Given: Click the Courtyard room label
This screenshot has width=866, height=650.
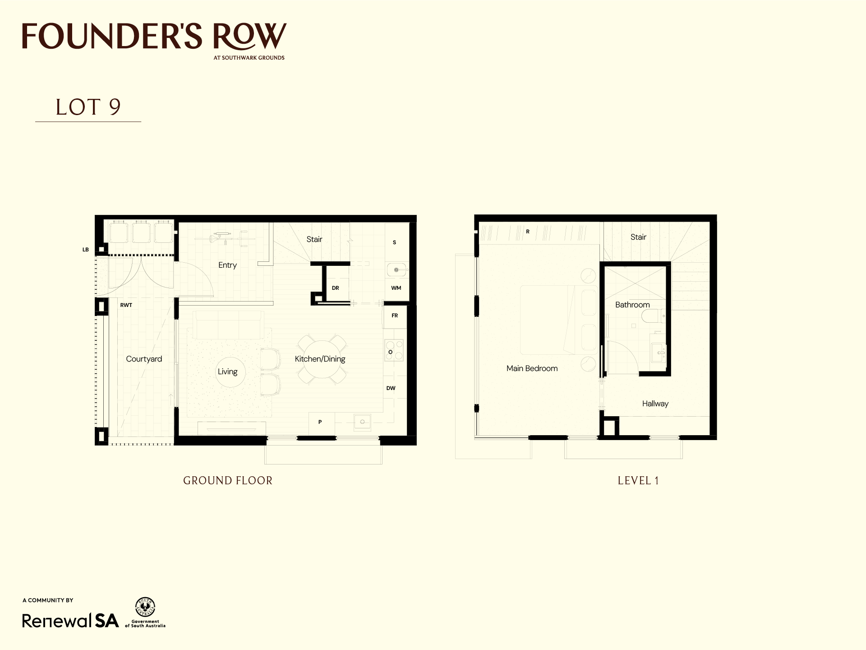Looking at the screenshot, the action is click(x=144, y=359).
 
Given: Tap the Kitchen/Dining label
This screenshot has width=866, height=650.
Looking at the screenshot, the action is click(x=320, y=359).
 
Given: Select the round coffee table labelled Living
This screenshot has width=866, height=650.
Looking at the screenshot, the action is click(x=227, y=372).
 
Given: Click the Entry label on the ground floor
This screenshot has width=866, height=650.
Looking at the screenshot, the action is click(x=227, y=265).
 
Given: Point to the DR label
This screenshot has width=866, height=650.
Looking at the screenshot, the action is click(x=336, y=288).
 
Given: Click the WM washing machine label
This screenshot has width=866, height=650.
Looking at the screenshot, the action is click(x=396, y=288).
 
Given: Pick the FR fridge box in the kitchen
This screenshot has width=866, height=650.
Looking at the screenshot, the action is click(x=395, y=316).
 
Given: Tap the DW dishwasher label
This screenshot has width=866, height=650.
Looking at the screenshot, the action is click(x=391, y=388).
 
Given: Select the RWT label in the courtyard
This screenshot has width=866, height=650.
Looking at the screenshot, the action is click(x=126, y=305).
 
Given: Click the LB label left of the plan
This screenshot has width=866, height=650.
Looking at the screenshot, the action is click(x=86, y=250).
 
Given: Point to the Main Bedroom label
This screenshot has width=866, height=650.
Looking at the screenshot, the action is click(x=532, y=368).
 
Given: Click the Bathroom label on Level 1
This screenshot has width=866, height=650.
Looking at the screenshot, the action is click(x=632, y=305).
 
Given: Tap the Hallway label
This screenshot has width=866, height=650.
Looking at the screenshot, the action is click(x=655, y=404).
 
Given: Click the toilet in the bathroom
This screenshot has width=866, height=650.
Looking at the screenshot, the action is click(x=653, y=316).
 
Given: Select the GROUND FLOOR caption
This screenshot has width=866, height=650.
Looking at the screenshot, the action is click(x=228, y=481).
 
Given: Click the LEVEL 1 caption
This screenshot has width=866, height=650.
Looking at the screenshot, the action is click(x=638, y=481).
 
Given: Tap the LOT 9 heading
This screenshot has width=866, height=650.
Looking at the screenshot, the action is click(x=88, y=107).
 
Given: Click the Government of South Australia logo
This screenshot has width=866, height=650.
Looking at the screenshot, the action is click(x=145, y=613).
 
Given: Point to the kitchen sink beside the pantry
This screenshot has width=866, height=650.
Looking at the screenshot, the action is click(x=362, y=422).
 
